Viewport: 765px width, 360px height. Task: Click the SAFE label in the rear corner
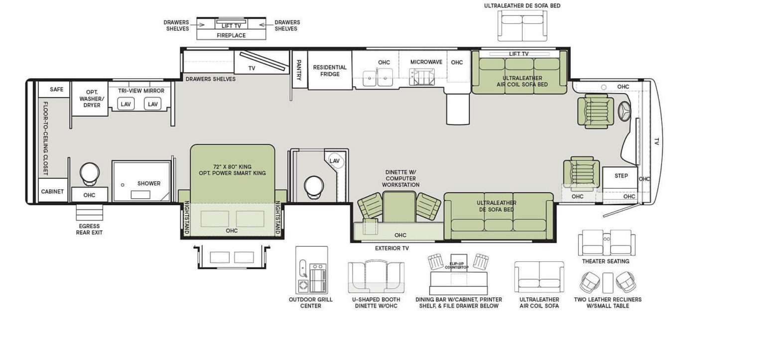point(57,90)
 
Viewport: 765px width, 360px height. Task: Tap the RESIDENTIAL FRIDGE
point(330,71)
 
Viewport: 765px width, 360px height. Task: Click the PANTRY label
point(299,70)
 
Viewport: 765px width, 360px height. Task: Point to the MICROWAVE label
point(426,62)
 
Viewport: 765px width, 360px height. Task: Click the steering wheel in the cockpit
point(624,112)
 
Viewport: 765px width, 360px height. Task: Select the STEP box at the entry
point(621,176)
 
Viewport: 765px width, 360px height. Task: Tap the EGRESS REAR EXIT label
point(89,230)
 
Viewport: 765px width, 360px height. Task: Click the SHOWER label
point(149,183)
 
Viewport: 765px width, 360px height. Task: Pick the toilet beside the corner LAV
point(314,185)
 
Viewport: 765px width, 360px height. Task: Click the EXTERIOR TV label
point(391,248)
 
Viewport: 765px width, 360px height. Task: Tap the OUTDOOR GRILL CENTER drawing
point(311,269)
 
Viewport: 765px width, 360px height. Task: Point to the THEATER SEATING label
point(606,261)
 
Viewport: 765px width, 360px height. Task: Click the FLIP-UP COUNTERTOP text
point(457,265)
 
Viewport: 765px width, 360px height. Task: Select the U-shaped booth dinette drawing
point(376,276)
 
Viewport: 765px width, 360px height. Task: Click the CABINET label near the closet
point(52,192)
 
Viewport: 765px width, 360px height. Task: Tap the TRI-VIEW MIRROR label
point(141,91)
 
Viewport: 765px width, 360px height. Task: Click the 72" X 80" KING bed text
point(232,166)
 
